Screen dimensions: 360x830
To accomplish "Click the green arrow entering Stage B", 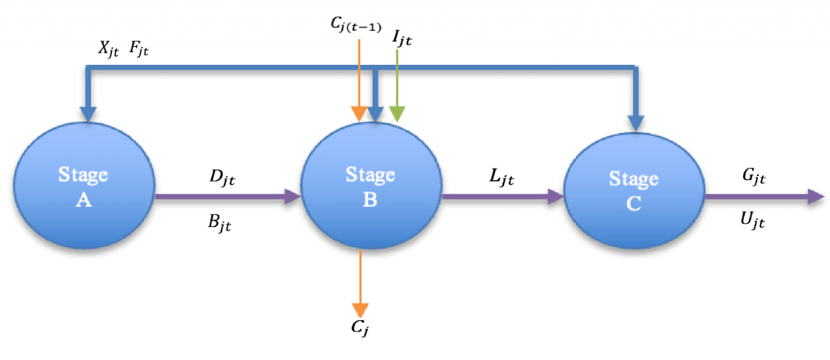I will (x=396, y=89).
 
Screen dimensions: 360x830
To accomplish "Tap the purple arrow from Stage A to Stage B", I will (x=227, y=195).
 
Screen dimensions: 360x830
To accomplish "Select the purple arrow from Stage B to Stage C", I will (x=503, y=195).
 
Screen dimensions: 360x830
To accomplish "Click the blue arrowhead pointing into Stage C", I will (x=635, y=122).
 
